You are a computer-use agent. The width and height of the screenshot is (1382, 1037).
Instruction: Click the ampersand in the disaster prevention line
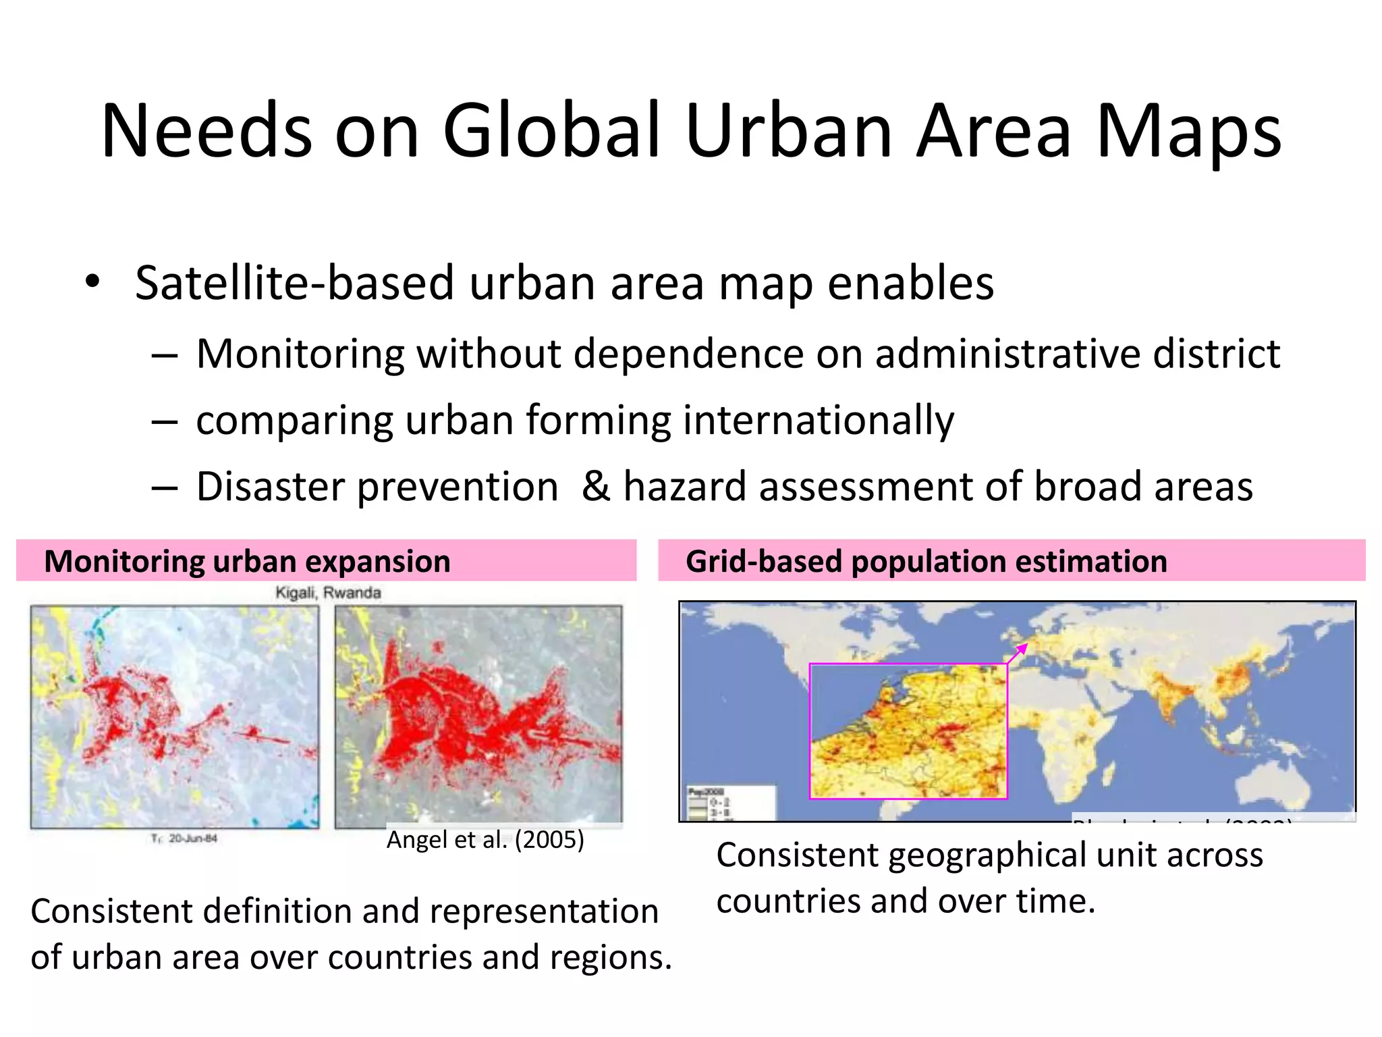(595, 486)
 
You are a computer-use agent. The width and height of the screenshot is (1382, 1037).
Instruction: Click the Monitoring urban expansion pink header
(326, 561)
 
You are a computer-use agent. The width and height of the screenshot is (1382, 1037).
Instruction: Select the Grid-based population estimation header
(1011, 561)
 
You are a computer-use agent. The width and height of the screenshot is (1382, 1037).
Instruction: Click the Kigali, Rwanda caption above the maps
(328, 593)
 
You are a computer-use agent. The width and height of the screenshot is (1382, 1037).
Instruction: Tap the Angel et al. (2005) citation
(485, 840)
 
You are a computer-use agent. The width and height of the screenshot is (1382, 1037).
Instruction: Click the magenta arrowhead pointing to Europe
(1023, 648)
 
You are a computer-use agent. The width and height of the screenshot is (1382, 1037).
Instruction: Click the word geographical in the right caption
(987, 855)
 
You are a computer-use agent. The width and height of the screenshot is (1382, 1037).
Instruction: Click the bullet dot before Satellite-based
(92, 281)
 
